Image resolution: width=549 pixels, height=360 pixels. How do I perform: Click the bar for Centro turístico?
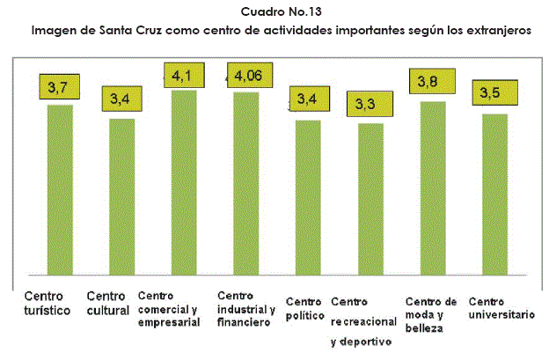point(60,189)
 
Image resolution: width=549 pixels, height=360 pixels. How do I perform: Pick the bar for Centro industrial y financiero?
point(245,183)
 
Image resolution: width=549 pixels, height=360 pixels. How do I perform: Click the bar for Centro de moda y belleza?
point(434,187)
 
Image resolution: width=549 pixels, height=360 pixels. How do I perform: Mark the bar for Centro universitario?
point(495,194)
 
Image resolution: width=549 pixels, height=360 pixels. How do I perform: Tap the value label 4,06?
point(248,77)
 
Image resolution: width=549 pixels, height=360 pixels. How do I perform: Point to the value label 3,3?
point(364,105)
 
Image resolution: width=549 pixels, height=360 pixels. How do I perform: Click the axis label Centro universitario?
point(501,307)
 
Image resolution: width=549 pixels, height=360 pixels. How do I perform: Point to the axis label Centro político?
point(304,307)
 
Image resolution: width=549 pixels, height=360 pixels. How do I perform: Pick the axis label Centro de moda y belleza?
point(430,314)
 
